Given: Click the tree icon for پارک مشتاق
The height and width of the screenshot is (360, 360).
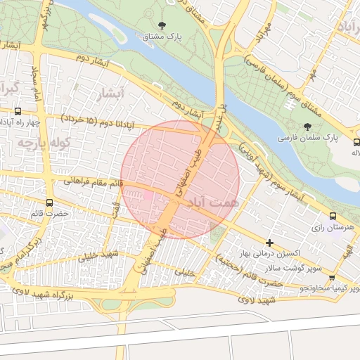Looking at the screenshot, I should pyautogui.click(x=162, y=25).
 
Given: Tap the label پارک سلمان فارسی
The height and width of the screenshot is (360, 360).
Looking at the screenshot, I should pyautogui.click(x=307, y=139).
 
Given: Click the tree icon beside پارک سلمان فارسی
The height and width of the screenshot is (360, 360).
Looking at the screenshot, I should pyautogui.click(x=307, y=127).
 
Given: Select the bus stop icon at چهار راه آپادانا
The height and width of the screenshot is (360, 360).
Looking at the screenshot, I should pyautogui.click(x=18, y=111).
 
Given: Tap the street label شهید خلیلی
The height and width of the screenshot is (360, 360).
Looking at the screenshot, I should pyautogui.click(x=97, y=257).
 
